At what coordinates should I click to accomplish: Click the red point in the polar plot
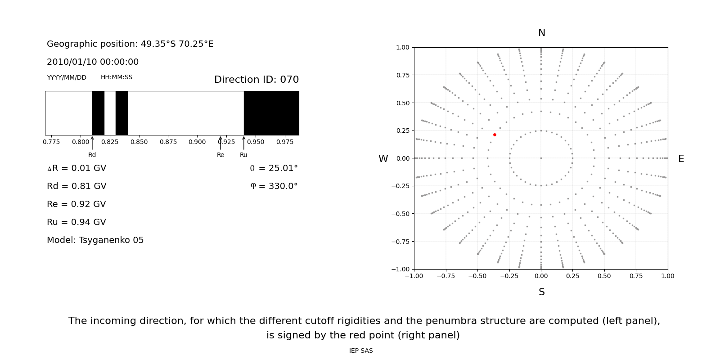[495, 135]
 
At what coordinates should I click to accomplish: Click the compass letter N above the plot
[541, 33]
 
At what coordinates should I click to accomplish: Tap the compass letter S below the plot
[541, 292]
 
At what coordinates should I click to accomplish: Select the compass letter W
[383, 159]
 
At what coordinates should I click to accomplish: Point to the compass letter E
[681, 159]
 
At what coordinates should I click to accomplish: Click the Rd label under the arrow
[92, 155]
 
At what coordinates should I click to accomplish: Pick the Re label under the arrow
[220, 155]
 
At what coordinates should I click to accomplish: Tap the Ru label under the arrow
[243, 155]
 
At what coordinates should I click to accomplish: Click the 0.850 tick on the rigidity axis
[139, 142]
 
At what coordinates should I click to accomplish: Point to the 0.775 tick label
[51, 142]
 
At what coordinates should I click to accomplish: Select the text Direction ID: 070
[256, 80]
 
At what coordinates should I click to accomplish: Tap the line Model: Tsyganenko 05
[95, 240]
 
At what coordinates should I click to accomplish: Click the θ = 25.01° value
[274, 168]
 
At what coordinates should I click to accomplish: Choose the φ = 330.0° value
[274, 186]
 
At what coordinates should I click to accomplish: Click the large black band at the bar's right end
[271, 113]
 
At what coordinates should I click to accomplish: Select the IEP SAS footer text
[361, 351]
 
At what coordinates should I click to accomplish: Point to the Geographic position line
[130, 44]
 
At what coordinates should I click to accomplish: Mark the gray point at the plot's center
[541, 158]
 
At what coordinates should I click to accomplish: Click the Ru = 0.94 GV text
[76, 222]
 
